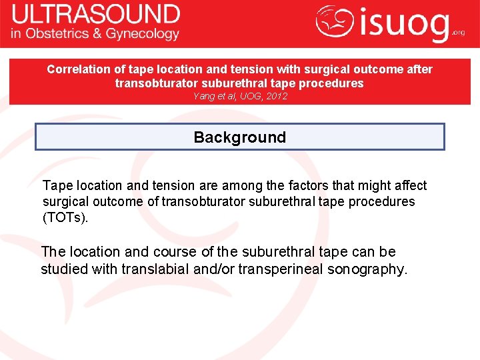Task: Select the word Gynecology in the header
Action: click(145, 33)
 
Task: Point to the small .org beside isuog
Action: click(458, 31)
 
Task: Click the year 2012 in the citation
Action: click(277, 96)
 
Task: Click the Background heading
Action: click(239, 137)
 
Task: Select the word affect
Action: click(409, 185)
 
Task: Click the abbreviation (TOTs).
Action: click(65, 217)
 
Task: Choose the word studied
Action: click(65, 269)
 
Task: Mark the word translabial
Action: click(162, 269)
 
